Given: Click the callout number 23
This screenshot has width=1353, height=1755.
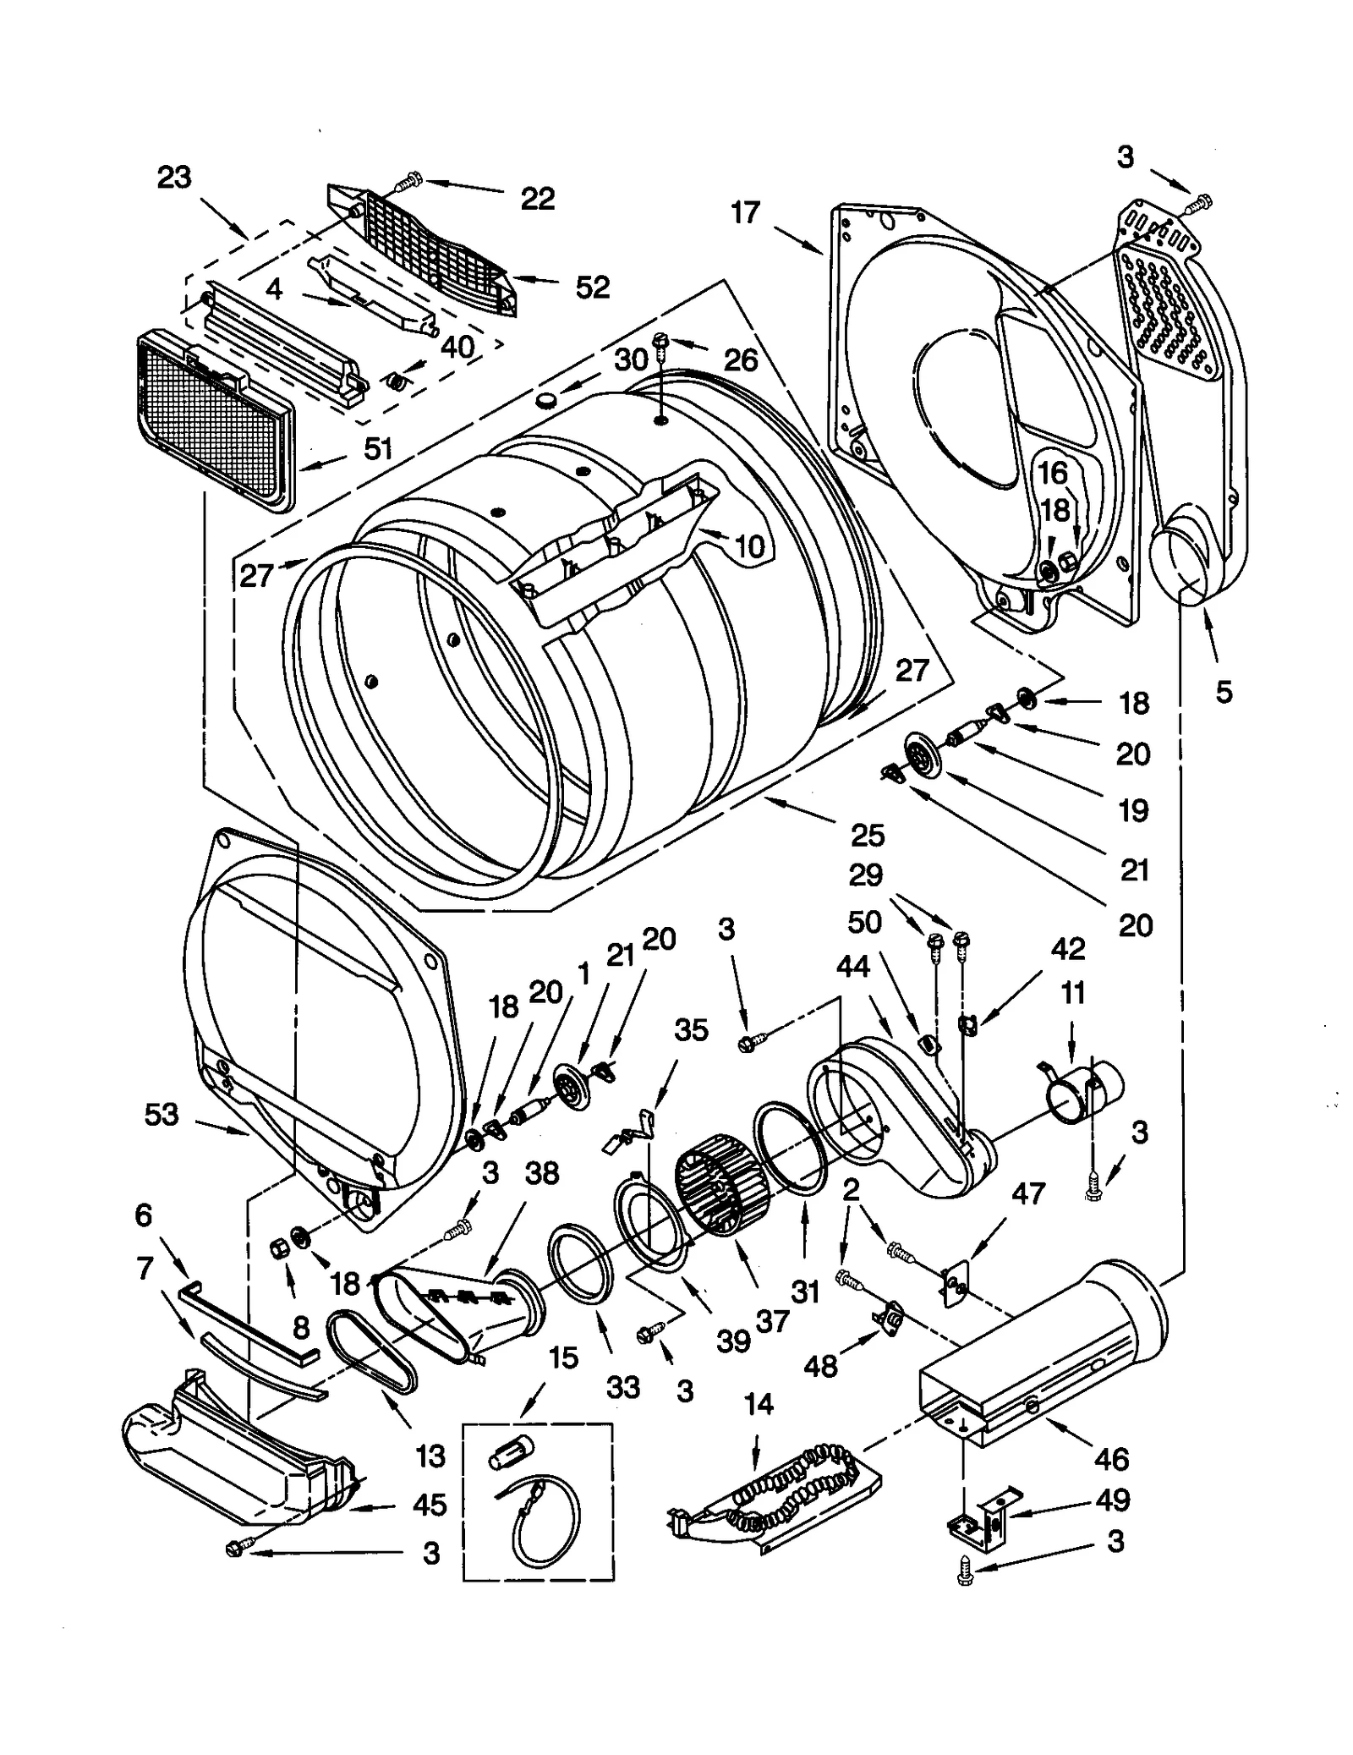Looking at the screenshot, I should (174, 178).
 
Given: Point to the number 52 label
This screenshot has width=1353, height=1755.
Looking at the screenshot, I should (592, 288).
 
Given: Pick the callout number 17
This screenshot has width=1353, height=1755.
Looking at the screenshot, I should (745, 213).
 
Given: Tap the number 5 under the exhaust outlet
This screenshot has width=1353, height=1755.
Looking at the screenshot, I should (1224, 692).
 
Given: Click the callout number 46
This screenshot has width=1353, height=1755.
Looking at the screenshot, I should (1111, 1458).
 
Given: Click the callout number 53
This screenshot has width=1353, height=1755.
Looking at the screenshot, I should (162, 1114).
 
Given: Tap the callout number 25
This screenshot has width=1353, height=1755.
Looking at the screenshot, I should (868, 835).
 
